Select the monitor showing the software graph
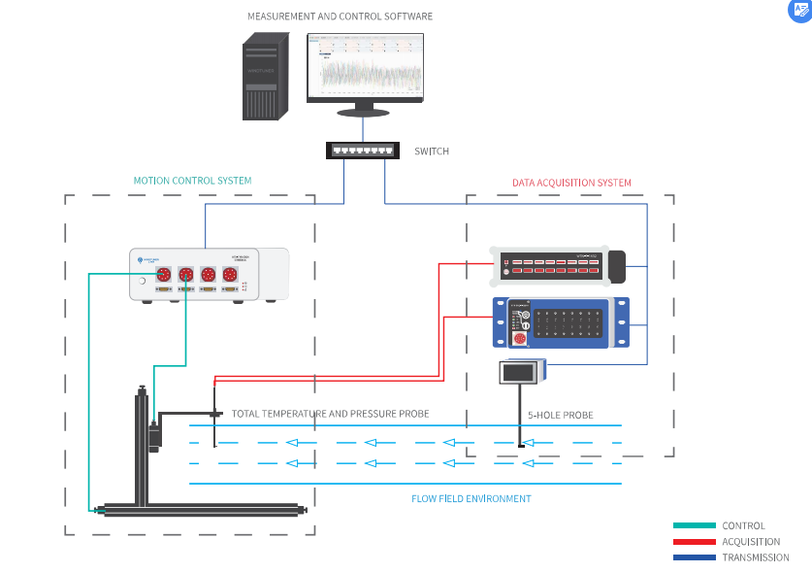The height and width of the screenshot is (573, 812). (x=366, y=68)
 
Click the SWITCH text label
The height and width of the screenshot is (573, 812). (x=432, y=152)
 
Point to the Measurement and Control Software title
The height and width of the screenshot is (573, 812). (x=340, y=17)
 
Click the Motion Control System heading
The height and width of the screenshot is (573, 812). (x=192, y=181)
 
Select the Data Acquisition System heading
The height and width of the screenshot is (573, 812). (x=571, y=183)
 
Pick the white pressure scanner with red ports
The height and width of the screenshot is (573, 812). (x=558, y=265)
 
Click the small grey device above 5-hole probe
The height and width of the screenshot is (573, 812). (x=521, y=372)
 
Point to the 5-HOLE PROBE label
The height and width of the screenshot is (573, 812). (x=560, y=415)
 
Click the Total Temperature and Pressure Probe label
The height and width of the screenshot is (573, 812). (x=330, y=414)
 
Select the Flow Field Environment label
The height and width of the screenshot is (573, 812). (x=471, y=498)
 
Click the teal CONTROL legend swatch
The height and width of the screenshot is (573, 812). (x=694, y=525)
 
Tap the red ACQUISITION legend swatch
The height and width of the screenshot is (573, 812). (x=694, y=542)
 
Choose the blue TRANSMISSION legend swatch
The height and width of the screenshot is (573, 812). (x=694, y=557)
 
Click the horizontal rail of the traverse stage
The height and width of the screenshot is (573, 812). (x=204, y=509)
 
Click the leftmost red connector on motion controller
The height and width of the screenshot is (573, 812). (x=165, y=276)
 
